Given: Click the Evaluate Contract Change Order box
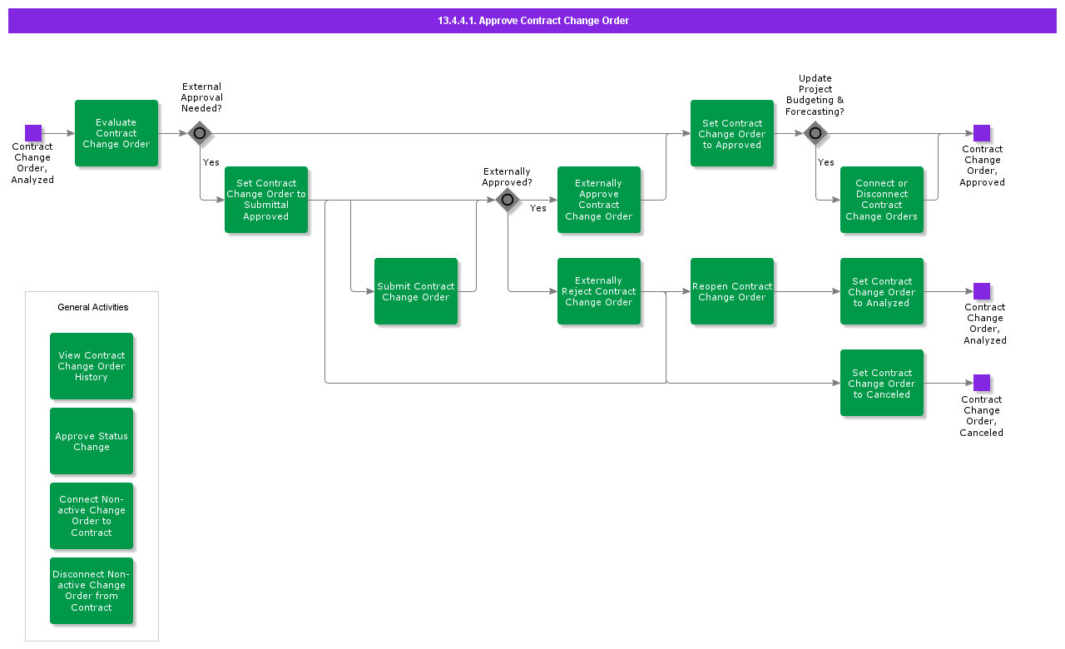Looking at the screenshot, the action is (116, 133).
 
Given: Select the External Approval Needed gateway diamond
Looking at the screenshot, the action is (200, 133).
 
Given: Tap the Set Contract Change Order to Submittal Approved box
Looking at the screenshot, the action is (266, 200).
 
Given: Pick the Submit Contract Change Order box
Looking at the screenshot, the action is (416, 291).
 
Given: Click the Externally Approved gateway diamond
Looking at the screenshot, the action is (508, 200).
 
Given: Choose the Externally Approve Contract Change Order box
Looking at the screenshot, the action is (599, 200).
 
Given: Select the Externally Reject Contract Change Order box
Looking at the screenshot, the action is (599, 291).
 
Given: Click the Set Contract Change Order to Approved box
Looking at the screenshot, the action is (732, 133).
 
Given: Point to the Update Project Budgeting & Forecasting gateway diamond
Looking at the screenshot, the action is (815, 133).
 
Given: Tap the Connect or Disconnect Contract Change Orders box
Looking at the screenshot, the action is (882, 200).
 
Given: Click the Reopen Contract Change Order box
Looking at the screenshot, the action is (732, 291).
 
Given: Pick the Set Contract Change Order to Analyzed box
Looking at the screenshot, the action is (882, 291).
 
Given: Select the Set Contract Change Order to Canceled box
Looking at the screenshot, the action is (882, 383).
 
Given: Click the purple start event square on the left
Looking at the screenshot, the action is (33, 133).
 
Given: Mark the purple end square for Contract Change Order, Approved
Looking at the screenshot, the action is (982, 133).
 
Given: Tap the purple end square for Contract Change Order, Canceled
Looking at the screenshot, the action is (982, 383).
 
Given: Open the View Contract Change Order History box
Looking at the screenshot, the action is (92, 366).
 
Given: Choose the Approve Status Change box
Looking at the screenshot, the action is (92, 441).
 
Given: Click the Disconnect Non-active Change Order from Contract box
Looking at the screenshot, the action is (92, 591).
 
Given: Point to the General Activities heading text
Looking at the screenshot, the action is (92, 307).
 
